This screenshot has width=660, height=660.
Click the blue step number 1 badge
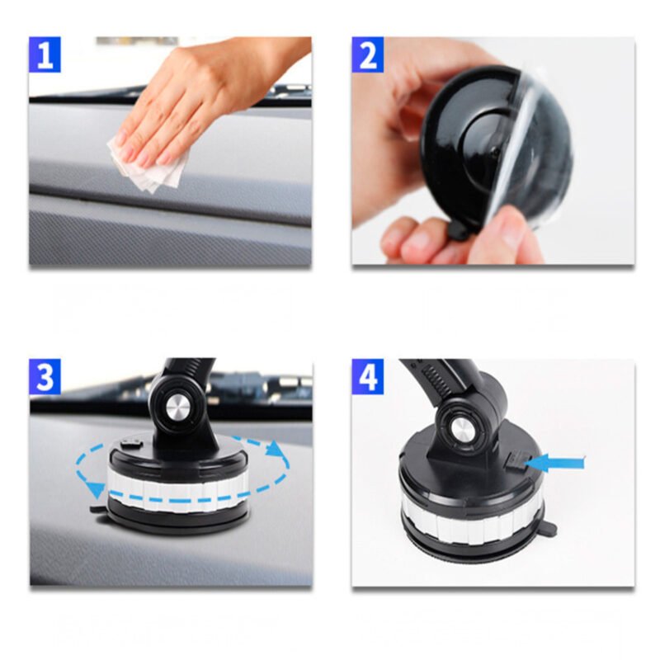pos(45,54)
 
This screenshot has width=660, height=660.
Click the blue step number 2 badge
pos(368,54)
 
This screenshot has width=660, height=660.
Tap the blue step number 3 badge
pos(45,377)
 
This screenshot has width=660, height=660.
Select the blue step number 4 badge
pos(368,377)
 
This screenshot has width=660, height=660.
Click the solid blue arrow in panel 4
pos(554,463)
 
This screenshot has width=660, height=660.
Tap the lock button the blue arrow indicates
pos(516,461)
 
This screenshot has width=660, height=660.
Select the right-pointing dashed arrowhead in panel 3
pos(276,448)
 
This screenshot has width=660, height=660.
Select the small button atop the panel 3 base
pos(130,443)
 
